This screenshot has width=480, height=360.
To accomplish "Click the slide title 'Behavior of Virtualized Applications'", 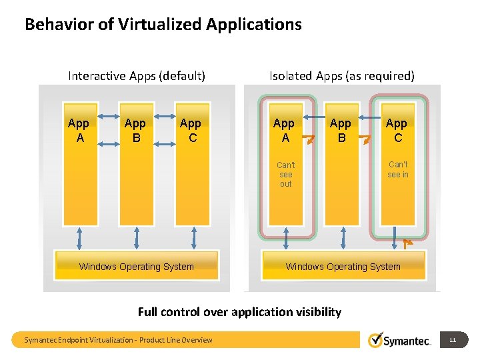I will pyautogui.click(x=163, y=25).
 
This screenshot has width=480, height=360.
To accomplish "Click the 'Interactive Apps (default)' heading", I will pyautogui.click(x=136, y=75).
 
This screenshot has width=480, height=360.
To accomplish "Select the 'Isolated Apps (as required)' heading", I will pyautogui.click(x=342, y=75).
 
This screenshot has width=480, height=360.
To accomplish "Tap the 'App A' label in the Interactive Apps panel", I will pyautogui.click(x=79, y=130).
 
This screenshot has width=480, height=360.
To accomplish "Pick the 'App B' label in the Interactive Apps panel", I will pyautogui.click(x=135, y=130).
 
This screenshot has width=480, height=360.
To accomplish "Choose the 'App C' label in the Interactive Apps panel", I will pyautogui.click(x=191, y=130).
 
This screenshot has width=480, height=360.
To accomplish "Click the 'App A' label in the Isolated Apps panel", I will pyautogui.click(x=284, y=130).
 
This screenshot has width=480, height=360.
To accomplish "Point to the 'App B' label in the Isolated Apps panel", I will pyautogui.click(x=341, y=130).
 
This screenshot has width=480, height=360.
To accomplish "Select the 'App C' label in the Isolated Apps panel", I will pyautogui.click(x=397, y=130).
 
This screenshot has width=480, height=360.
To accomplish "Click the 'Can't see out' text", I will pyautogui.click(x=285, y=174).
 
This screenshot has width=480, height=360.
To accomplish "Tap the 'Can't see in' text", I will pyautogui.click(x=398, y=169).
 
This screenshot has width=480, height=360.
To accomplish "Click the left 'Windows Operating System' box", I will pyautogui.click(x=137, y=267).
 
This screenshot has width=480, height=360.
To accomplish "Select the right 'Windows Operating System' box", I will pyautogui.click(x=343, y=267).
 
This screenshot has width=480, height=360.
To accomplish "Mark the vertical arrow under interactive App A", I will pyautogui.click(x=80, y=237).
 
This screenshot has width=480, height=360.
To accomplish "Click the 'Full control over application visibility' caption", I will pyautogui.click(x=239, y=311).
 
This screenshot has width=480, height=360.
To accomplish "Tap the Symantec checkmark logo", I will pyautogui.click(x=375, y=340).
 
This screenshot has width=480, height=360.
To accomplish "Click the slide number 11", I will pyautogui.click(x=453, y=340).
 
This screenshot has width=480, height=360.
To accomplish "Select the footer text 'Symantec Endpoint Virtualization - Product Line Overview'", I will pyautogui.click(x=118, y=340).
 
